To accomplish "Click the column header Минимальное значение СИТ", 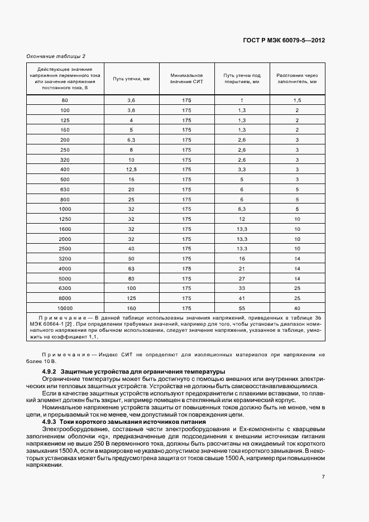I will (186, 79).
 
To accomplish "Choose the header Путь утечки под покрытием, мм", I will (242, 79).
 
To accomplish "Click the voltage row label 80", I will (65, 100).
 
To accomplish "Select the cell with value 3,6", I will (132, 100).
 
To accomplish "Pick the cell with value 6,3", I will (132, 139).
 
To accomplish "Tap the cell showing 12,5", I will (132, 169).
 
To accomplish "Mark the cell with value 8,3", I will (242, 209).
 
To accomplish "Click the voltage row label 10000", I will (65, 308).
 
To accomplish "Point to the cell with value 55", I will (242, 308).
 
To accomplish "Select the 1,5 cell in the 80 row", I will (297, 100).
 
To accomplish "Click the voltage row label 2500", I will (65, 248).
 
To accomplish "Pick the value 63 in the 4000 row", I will (132, 268).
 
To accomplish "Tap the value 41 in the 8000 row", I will (242, 298).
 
